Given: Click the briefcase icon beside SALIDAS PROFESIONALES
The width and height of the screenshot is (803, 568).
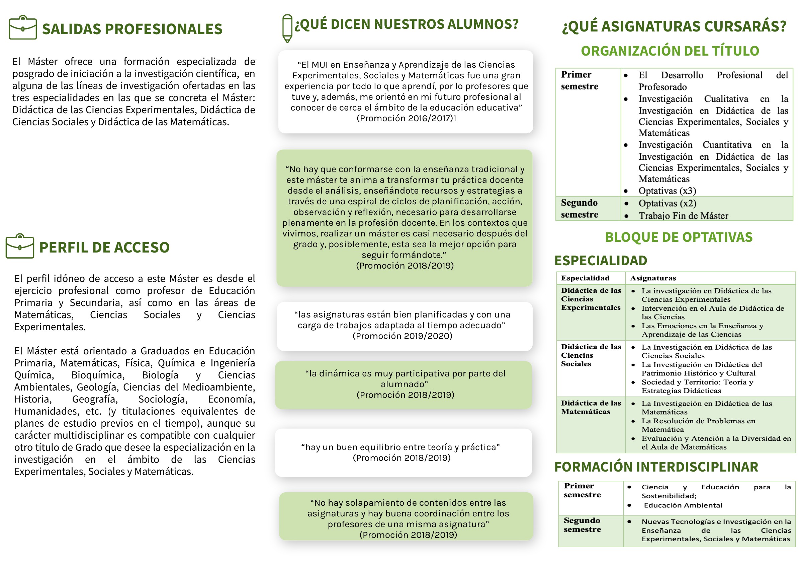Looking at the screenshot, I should tap(23, 28).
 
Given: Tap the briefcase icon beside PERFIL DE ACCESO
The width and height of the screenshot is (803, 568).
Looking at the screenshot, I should tap(20, 246).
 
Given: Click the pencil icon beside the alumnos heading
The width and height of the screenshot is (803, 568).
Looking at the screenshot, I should tap(287, 28).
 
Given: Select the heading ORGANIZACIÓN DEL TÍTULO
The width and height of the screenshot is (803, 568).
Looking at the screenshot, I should tap(670, 51).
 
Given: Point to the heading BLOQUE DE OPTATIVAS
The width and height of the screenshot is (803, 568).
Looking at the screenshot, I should tap(679, 237).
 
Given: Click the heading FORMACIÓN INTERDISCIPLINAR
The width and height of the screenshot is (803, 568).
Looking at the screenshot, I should tap(656, 467).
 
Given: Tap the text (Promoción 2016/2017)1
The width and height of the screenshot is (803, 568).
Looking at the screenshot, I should tap(406, 118).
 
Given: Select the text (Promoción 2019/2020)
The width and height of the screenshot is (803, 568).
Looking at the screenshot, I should tap(402, 336).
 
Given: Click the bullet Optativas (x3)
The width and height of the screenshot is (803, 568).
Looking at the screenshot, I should tap(667, 191).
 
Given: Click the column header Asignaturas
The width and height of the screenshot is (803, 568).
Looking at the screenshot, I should tap(653, 278).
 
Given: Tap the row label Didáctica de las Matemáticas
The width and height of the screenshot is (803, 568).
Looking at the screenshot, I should tap(591, 407).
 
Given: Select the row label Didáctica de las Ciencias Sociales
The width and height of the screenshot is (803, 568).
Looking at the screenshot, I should tap(591, 355).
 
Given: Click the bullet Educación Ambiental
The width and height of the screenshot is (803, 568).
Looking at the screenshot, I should tap(683, 505).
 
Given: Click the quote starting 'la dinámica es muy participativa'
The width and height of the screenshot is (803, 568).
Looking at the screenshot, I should tap(405, 379).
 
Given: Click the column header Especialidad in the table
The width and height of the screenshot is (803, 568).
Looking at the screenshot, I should tap(585, 278).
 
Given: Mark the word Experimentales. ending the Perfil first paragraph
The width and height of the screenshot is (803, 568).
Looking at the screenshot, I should tap(50, 327).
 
